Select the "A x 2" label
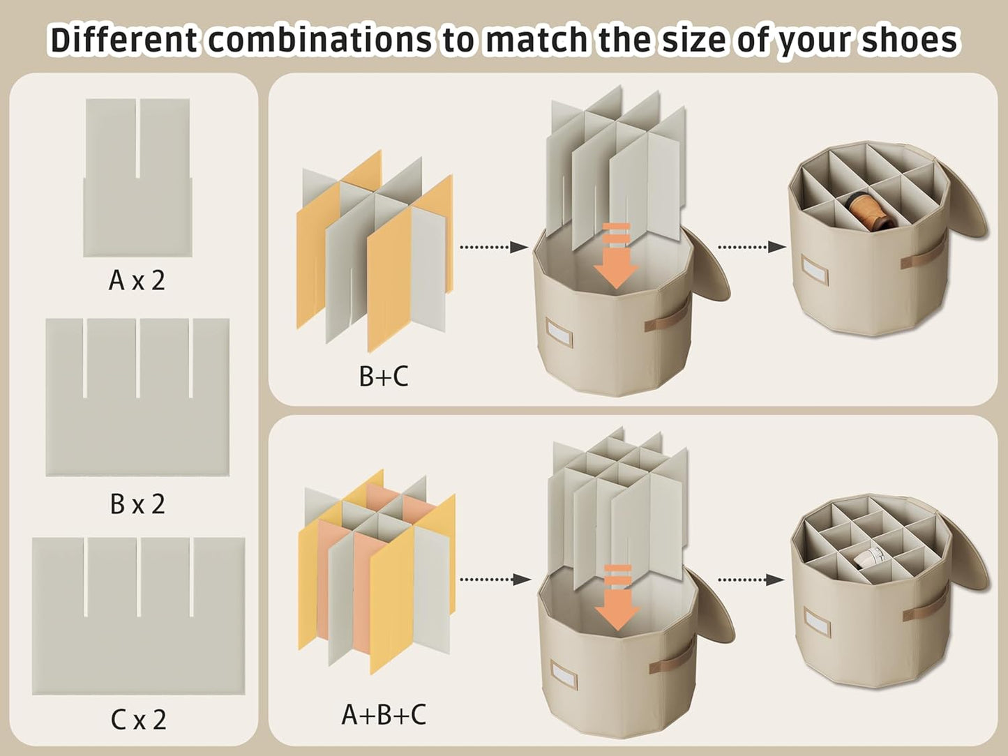coord(137,280)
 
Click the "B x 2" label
coord(137,504)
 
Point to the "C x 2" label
coord(138,720)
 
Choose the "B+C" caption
coord(383,377)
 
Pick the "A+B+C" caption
coord(383,715)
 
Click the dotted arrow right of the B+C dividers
coord(492,247)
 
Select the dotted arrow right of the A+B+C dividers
coord(492,579)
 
